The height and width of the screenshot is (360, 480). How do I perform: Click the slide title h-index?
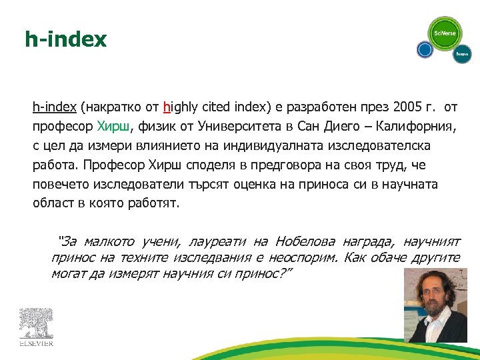pyautogui.click(x=65, y=39)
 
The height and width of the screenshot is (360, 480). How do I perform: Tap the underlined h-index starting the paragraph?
pyautogui.click(x=55, y=107)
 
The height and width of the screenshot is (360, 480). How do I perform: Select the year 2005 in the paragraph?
pyautogui.click(x=407, y=107)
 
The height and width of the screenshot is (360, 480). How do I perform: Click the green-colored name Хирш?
pyautogui.click(x=115, y=126)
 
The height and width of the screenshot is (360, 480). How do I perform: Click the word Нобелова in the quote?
pyautogui.click(x=305, y=241)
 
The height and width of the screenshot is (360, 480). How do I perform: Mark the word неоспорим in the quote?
pyautogui.click(x=305, y=257)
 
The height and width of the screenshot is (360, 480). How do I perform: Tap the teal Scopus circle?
pyautogui.click(x=462, y=54)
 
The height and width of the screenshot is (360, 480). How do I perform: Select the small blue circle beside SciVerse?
pyautogui.click(x=425, y=49)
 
